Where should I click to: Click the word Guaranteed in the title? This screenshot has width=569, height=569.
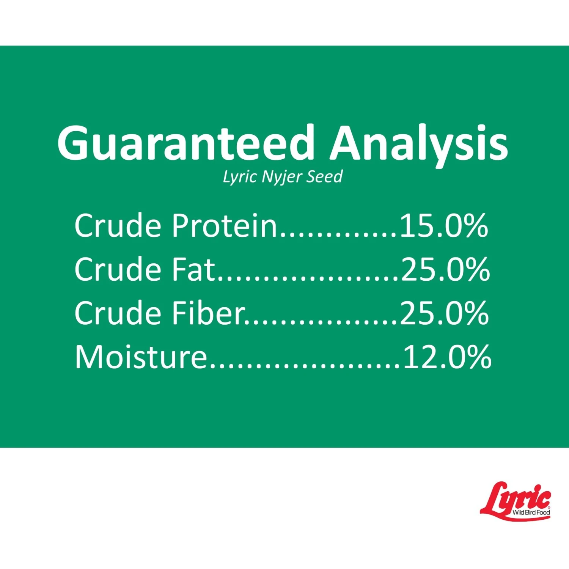[186, 143]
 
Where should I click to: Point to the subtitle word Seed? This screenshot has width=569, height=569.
[325, 177]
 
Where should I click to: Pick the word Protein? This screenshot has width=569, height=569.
[225, 225]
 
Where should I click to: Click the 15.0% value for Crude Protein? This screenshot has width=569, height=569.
[444, 226]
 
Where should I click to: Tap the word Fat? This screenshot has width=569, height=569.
[193, 269]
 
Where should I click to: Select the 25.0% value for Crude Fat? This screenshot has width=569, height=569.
[445, 270]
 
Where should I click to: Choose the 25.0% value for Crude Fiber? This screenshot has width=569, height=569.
[444, 313]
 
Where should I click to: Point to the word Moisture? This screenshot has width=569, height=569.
[141, 357]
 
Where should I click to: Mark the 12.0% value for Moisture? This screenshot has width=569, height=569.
[447, 357]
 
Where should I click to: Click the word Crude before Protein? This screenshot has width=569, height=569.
[118, 225]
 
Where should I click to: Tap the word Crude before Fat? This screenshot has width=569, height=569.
[118, 269]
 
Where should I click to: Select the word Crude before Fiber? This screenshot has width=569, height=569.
[118, 313]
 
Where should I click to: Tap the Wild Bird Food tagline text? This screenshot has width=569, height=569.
[531, 512]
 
